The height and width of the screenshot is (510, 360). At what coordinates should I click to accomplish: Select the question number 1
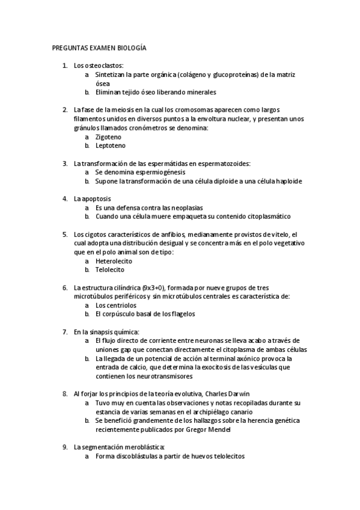[65, 65]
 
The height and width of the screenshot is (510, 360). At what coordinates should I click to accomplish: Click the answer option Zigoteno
[108, 137]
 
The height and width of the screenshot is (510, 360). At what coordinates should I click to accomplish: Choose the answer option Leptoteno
[109, 146]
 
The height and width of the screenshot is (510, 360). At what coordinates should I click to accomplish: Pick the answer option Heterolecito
[114, 261]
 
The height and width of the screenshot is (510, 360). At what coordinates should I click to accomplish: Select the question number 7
[65, 331]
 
